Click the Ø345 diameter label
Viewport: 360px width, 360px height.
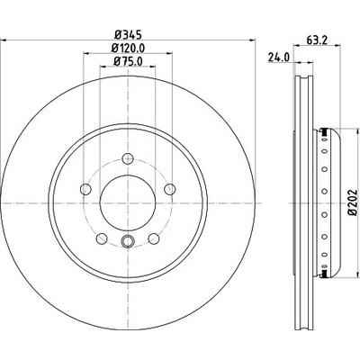pyautogui.click(x=128, y=35)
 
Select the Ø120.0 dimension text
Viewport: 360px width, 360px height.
pyautogui.click(x=128, y=49)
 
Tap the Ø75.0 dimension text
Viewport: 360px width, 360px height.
pyautogui.click(x=128, y=61)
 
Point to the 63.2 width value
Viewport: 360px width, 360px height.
pyautogui.click(x=317, y=40)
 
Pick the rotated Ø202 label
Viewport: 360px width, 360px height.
pyautogui.click(x=354, y=202)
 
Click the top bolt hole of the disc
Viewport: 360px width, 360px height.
pyautogui.click(x=128, y=158)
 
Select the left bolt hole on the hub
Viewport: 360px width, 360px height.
pyautogui.click(x=85, y=189)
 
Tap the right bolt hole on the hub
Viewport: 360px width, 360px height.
pyautogui.click(x=170, y=189)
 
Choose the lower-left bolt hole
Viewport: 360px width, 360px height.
pyautogui.click(x=102, y=238)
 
